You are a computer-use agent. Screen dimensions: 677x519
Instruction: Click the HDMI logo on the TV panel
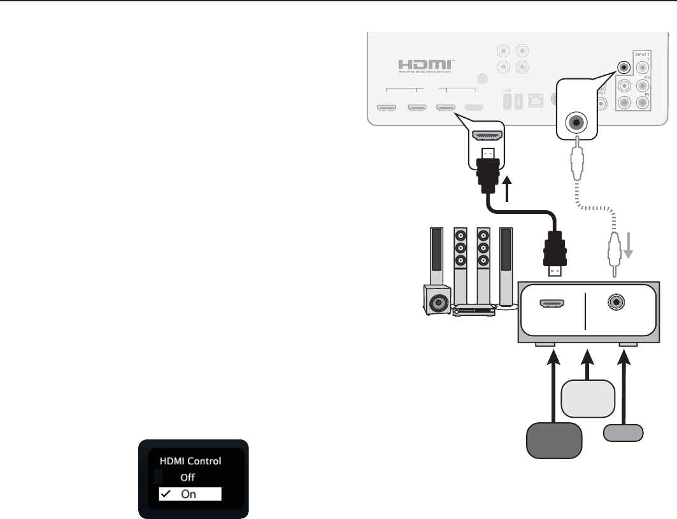(425, 66)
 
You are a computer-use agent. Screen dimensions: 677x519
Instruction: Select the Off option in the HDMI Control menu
(187, 477)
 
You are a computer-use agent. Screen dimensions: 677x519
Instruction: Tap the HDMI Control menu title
(190, 460)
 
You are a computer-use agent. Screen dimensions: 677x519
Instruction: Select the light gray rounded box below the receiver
(589, 395)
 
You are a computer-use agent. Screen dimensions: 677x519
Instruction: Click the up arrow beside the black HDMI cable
(508, 190)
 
